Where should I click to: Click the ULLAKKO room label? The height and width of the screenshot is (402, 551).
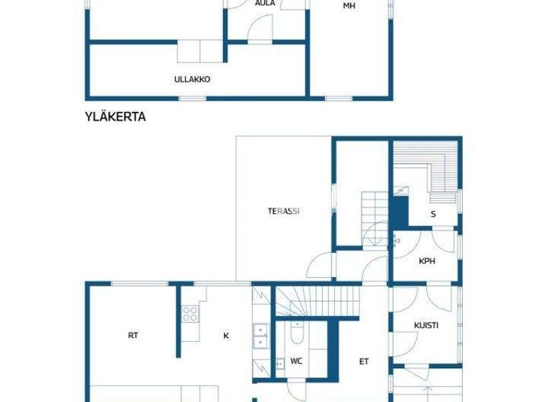192,80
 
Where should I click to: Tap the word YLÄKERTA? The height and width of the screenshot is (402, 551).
116,117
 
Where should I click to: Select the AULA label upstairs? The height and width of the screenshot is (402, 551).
265,4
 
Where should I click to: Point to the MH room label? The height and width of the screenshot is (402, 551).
349,6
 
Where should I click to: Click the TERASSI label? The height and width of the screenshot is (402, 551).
283,211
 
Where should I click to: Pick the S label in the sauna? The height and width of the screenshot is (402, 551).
433,214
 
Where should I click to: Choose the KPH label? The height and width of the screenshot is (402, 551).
427,261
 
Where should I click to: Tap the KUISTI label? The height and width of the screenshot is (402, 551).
426,325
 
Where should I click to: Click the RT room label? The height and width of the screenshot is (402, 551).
133,335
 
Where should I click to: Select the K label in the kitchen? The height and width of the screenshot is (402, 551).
226,335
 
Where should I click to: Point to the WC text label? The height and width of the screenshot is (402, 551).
296,361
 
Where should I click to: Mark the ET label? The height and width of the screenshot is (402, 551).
364,361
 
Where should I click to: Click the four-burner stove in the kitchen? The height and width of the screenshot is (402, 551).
190,314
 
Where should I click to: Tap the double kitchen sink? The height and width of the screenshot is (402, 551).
260,336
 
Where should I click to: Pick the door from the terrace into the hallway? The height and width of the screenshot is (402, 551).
321,267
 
